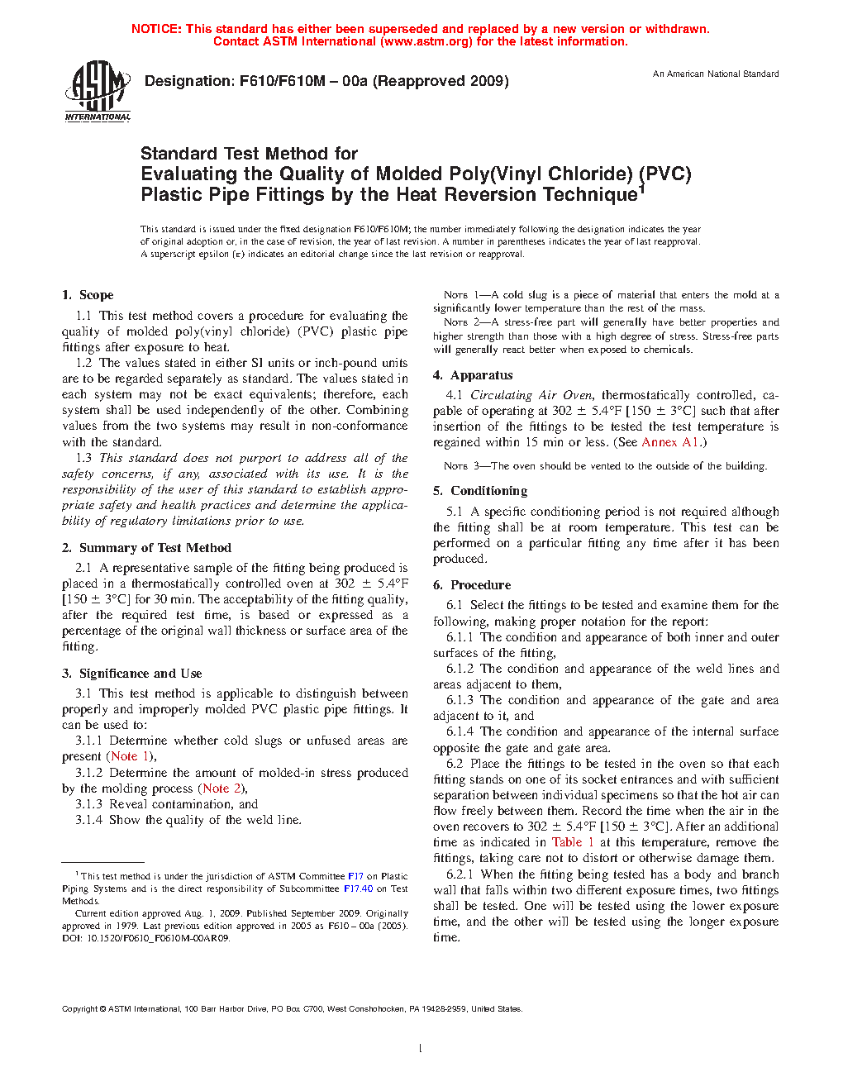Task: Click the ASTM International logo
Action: pos(98,91)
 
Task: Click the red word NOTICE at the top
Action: pos(156,29)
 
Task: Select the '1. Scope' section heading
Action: pos(88,295)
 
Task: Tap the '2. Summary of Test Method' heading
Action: pos(146,548)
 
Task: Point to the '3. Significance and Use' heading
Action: pos(132,674)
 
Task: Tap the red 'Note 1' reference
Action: pos(130,756)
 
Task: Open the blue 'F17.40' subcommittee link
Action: pos(358,889)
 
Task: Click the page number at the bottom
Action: pos(421,1049)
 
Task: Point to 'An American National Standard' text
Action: pos(716,74)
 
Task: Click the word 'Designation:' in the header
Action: pos(189,81)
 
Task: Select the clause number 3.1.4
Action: pos(88,820)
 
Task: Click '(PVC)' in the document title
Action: pos(665,174)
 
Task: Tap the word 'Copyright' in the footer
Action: pos(80,1009)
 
